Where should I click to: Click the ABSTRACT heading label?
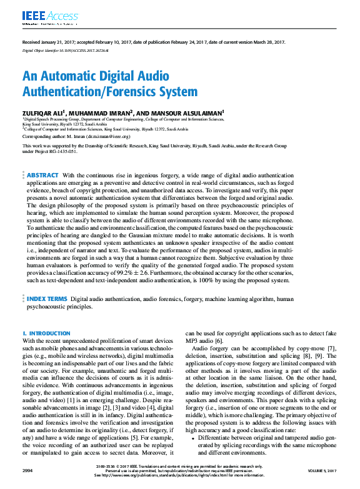click(x=43, y=176)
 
